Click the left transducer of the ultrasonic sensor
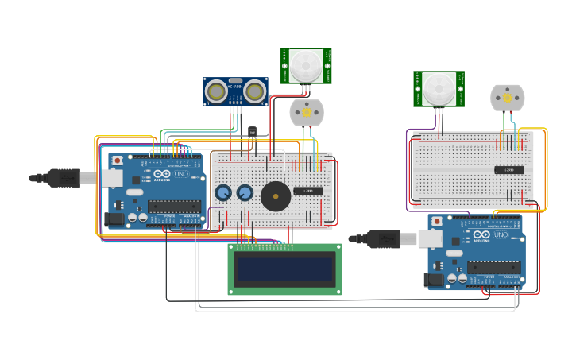215,93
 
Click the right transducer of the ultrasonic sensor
254,93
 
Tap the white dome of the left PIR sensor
306,65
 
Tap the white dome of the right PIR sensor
439,88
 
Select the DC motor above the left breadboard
306,113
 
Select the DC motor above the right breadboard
507,98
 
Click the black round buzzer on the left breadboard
276,196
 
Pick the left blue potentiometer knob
223,193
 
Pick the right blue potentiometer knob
245,193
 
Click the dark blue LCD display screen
284,269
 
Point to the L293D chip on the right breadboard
508,170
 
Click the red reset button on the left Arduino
118,160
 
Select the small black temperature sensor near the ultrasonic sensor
253,132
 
